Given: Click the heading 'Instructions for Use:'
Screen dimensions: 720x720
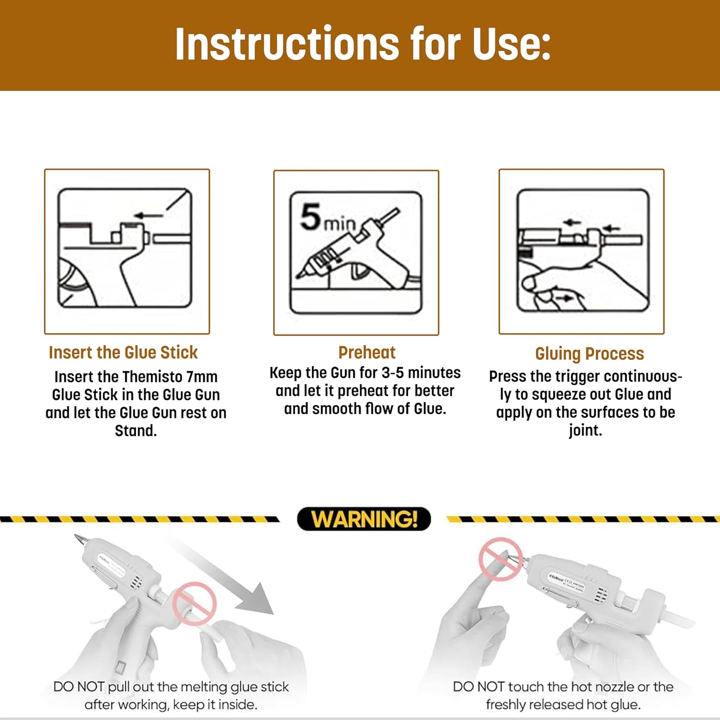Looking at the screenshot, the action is [x=363, y=44].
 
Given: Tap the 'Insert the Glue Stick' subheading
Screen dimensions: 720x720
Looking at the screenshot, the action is [x=123, y=352].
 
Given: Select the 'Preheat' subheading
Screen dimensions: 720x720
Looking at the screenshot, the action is [x=367, y=352].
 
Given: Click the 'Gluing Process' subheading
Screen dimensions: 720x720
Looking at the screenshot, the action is [x=589, y=354].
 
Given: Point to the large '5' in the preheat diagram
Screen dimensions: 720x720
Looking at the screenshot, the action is [x=311, y=216].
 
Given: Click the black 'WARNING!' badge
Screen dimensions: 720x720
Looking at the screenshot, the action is [x=364, y=519].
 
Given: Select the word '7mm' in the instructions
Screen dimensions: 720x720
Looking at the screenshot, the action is [x=202, y=377].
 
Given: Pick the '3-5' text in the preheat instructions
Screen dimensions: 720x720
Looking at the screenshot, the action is [x=393, y=373].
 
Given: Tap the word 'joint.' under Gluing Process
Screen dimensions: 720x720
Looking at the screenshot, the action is [x=586, y=431].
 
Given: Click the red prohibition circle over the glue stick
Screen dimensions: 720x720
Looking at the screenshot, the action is [x=194, y=603].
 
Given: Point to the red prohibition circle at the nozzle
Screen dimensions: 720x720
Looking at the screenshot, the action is [x=501, y=560].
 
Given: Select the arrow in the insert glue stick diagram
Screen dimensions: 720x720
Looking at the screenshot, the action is [x=149, y=216].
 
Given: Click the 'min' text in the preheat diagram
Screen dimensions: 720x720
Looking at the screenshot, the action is [x=339, y=223].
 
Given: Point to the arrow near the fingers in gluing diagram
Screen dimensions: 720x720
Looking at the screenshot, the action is [x=565, y=299].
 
